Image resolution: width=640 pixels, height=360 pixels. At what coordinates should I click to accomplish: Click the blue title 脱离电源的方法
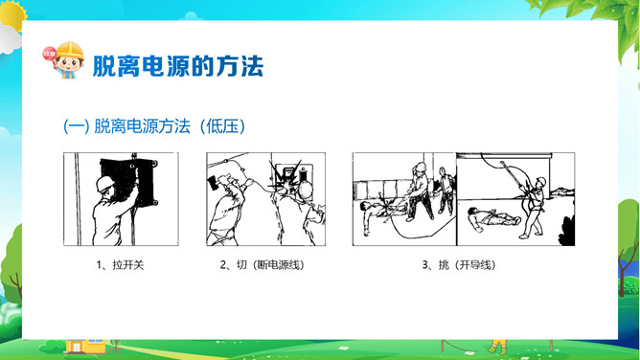178,66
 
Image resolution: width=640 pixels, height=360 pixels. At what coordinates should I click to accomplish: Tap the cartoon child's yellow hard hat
70,51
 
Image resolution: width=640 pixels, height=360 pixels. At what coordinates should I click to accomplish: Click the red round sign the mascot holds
50,54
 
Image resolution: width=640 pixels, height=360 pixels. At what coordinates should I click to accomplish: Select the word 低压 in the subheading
222,126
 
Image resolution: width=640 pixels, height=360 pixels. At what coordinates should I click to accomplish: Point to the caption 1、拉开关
120,265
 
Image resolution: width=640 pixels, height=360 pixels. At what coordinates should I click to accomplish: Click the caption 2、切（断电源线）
263,265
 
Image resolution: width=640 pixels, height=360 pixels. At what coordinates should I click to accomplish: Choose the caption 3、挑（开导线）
459,265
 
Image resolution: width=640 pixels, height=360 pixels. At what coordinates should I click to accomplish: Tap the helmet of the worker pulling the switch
105,184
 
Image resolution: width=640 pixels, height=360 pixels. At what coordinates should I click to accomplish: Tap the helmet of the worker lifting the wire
540,181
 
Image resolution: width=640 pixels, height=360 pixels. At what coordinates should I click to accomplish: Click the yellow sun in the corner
12,15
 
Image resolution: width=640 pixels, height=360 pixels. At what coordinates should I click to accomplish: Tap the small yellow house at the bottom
84,346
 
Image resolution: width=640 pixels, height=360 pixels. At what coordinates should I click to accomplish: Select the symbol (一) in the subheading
76,126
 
